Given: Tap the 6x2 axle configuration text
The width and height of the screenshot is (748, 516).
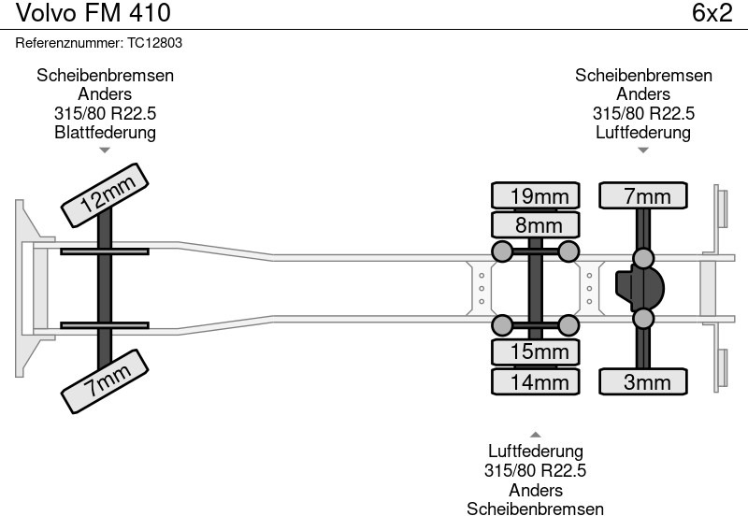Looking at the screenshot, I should [712, 14].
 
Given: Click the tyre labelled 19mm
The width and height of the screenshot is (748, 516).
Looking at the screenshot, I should [536, 196].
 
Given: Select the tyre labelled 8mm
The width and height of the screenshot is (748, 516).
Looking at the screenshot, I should [536, 225].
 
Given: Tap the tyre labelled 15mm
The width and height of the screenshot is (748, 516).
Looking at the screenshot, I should [536, 351].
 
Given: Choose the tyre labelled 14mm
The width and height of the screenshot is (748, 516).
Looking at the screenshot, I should [536, 381].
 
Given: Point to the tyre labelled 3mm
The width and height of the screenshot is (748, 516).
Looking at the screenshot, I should [643, 381].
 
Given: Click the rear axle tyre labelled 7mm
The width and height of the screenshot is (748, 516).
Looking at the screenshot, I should [643, 196].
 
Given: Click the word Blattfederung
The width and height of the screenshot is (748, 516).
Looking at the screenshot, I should [105, 133].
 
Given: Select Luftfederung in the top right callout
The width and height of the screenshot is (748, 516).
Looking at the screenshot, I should [643, 133].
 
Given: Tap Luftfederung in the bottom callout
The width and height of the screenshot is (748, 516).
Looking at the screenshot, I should [536, 452].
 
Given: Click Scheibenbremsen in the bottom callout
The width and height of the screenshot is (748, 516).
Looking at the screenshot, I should [536, 508].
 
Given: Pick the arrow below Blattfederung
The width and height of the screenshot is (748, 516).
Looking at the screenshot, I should [105, 150].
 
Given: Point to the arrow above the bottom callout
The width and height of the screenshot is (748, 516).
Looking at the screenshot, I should [536, 435].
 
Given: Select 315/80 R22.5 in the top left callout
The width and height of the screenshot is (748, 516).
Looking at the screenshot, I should [105, 114].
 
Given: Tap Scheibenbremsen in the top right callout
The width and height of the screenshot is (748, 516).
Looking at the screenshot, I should [643, 76].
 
